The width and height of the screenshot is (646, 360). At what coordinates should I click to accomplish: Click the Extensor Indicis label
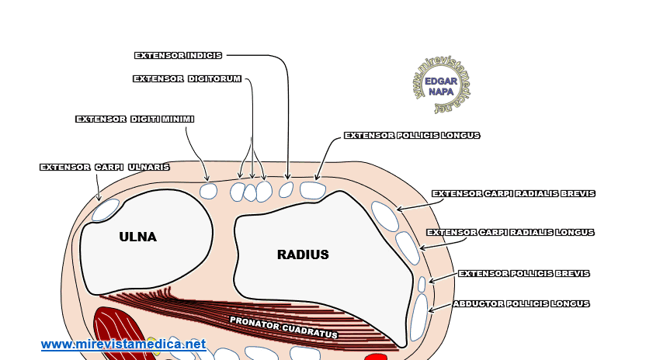point(178,55)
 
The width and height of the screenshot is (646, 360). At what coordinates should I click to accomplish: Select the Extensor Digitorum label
point(187,78)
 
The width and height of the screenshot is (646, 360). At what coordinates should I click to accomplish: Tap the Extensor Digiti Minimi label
point(134,119)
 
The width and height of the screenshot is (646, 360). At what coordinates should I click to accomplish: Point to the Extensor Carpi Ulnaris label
point(104,167)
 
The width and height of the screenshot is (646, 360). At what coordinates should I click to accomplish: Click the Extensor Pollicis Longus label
point(412,135)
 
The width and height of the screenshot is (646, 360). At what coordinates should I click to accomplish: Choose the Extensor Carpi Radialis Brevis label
point(513,193)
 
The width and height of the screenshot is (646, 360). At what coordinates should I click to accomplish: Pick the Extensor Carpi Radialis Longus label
point(510,232)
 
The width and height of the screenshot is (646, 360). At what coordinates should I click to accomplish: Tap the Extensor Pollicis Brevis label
point(523,273)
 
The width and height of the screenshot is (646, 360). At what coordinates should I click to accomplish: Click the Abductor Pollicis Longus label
point(521,303)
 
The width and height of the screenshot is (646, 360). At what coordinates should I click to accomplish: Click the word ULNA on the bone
point(137,237)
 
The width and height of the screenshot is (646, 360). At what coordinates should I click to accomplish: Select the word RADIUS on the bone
point(303,254)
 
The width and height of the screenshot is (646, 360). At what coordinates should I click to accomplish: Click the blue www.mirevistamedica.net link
point(123,344)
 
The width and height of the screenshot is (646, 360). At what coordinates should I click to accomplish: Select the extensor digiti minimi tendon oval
point(208,191)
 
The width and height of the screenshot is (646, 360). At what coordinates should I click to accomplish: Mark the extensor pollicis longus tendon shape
point(312,189)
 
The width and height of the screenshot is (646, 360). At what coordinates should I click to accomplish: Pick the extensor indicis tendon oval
point(286,189)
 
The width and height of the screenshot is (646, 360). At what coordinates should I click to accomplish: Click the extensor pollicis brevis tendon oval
point(422,284)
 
